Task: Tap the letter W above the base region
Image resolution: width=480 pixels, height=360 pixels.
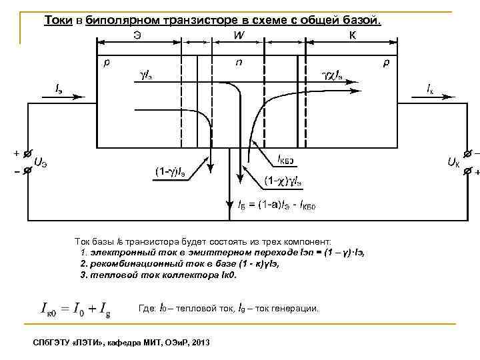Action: tap(237, 35)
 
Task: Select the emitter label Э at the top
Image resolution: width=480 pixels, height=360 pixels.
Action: tap(136, 35)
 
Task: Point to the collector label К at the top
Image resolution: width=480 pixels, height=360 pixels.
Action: tap(352, 35)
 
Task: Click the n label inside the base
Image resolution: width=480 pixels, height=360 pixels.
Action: tap(239, 63)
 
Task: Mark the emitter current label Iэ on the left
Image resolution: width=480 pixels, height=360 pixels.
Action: tap(60, 87)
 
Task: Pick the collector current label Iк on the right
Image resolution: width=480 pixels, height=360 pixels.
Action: tap(432, 87)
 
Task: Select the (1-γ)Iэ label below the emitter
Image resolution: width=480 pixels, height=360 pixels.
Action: tap(171, 173)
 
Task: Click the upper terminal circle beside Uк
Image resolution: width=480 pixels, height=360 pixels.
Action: tap(467, 155)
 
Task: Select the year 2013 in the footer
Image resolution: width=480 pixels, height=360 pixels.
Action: tap(199, 342)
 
